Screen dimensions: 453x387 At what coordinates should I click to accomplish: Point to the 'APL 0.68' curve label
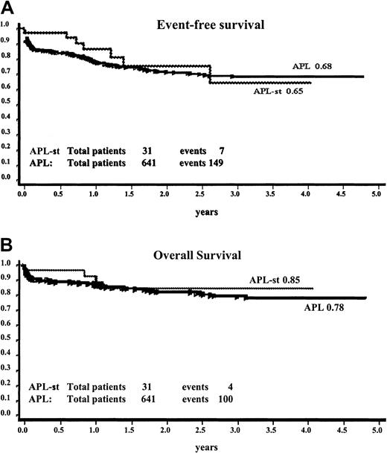point(312,66)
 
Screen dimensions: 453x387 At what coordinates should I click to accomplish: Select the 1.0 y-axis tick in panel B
point(6,263)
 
